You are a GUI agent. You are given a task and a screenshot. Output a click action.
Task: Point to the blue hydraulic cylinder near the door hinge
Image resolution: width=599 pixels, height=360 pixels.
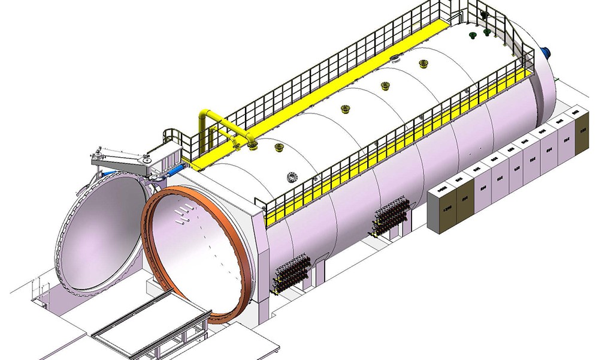(174, 171)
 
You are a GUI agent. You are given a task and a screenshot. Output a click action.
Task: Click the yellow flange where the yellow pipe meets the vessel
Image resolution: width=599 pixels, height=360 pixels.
(252, 144)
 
